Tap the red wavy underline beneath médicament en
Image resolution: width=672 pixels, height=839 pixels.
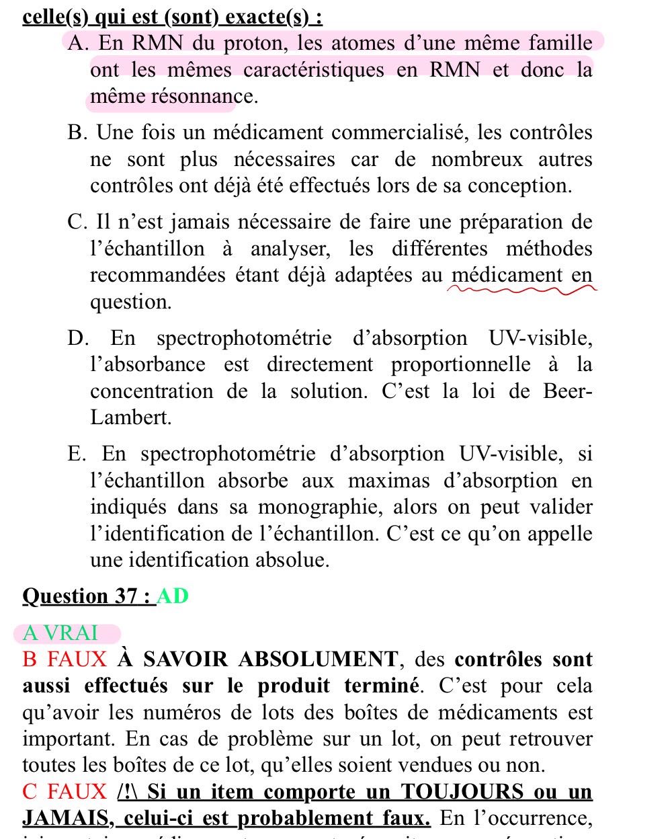[x=521, y=290]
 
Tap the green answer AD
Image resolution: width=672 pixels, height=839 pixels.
[x=173, y=596]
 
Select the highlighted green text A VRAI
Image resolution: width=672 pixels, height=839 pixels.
[x=60, y=633]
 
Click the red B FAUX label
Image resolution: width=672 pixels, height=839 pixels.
[x=65, y=660]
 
